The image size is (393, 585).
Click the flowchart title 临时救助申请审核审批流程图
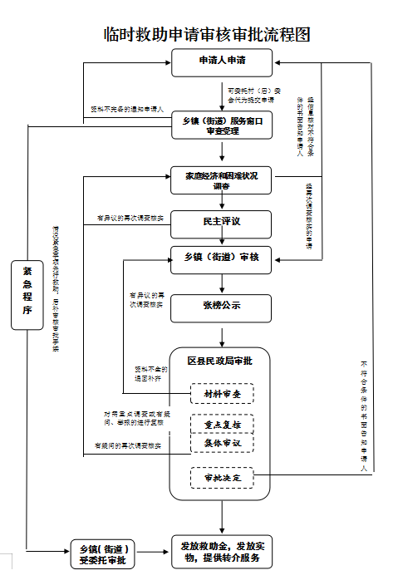click(207, 34)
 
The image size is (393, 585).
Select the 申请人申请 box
click(222, 61)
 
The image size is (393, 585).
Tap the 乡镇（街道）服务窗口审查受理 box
click(222, 125)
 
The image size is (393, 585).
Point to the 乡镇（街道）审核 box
click(222, 258)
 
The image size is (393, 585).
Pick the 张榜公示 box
click(222, 307)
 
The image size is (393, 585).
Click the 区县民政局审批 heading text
click(220, 361)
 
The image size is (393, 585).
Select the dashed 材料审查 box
click(222, 393)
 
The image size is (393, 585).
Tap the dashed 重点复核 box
click(222, 425)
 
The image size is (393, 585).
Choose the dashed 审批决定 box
click(222, 479)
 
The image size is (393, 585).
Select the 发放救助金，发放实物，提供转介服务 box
click(222, 552)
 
